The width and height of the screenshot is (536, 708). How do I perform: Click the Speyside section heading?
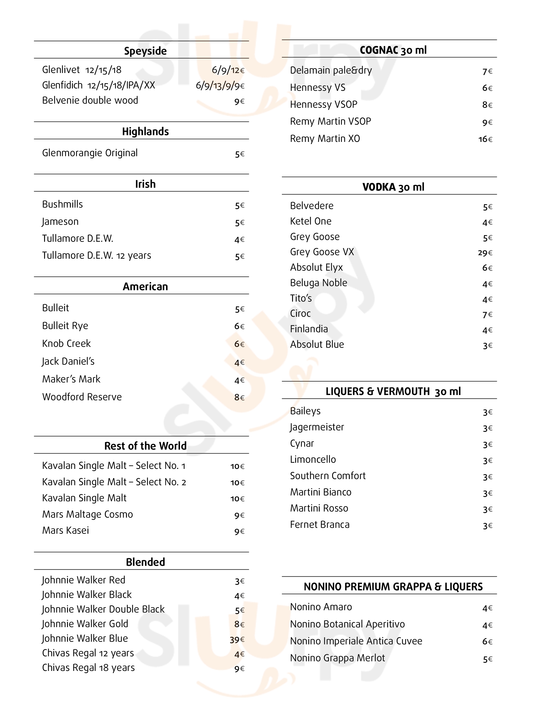coord(145,51)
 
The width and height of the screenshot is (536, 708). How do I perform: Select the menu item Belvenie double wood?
coord(90,100)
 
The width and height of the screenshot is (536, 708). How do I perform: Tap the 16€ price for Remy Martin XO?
coord(485,139)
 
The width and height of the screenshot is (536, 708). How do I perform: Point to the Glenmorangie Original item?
coord(90,153)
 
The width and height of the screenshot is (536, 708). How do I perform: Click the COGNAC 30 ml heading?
coord(393,50)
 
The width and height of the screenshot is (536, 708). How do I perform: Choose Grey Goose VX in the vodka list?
coord(322,252)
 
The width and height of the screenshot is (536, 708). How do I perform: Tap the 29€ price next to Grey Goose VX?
coord(485,253)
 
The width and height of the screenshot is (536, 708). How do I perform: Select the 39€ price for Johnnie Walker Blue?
coord(237,640)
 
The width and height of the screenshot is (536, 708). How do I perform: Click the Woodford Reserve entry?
coord(82,397)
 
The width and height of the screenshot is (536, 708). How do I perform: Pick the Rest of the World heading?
coord(145,446)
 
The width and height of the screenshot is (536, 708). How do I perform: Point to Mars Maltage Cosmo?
coord(87,514)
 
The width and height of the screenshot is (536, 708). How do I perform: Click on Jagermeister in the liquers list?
coord(317,427)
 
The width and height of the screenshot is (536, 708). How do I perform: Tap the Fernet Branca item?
coord(320,525)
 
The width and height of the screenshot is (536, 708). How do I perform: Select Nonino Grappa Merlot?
coord(337,658)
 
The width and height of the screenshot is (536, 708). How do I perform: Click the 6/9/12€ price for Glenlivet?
coord(228,70)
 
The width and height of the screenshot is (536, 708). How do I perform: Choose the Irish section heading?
coord(145,184)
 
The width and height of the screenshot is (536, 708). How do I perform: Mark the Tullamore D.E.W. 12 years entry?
coord(96,255)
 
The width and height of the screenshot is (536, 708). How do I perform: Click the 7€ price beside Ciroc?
coord(487,315)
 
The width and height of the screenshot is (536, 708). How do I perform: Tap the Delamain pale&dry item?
coord(331,70)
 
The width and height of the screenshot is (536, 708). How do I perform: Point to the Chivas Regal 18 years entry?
coord(89,668)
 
